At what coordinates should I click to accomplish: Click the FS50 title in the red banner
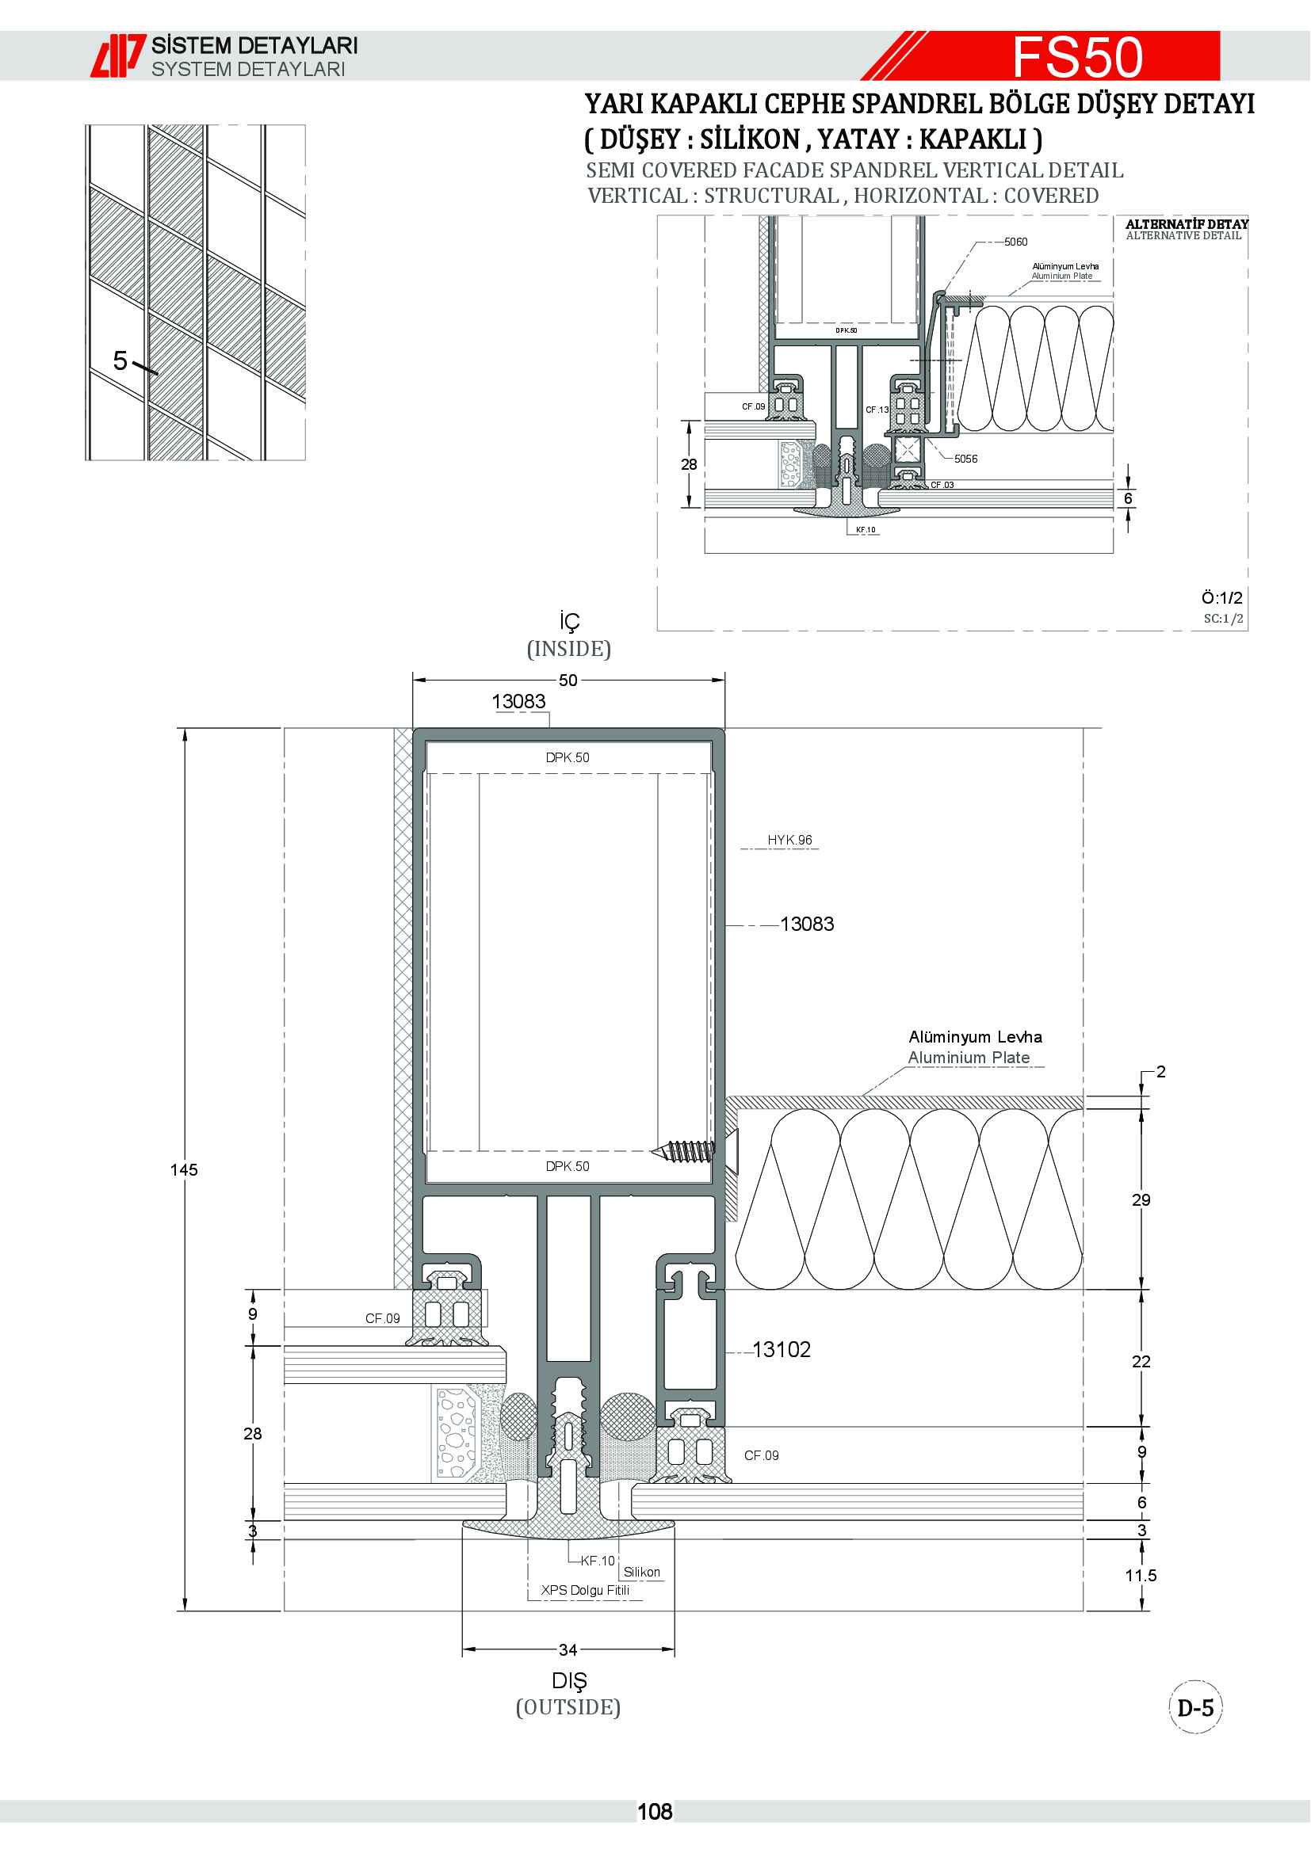pyautogui.click(x=1078, y=56)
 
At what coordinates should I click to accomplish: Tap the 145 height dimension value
pyautogui.click(x=184, y=1169)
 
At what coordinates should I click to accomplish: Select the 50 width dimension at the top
pyautogui.click(x=568, y=681)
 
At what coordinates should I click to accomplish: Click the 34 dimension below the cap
pyautogui.click(x=568, y=1650)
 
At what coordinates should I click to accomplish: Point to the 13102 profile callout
pyautogui.click(x=782, y=1349)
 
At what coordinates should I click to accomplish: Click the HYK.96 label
pyautogui.click(x=789, y=840)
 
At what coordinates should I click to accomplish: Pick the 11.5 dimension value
pyautogui.click(x=1141, y=1576)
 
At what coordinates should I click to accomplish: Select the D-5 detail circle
pyautogui.click(x=1195, y=1709)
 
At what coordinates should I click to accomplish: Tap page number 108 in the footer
pyautogui.click(x=655, y=1812)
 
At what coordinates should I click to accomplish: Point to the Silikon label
pyautogui.click(x=642, y=1572)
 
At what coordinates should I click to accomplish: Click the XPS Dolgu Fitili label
pyautogui.click(x=585, y=1590)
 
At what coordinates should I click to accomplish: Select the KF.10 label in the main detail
pyautogui.click(x=598, y=1561)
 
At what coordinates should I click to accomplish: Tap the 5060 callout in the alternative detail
pyautogui.click(x=1015, y=242)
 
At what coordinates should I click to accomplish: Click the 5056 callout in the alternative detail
pyautogui.click(x=965, y=459)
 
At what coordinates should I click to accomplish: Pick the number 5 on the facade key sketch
pyautogui.click(x=120, y=360)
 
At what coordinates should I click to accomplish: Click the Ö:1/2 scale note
pyautogui.click(x=1221, y=598)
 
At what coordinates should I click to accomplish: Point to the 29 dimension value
pyautogui.click(x=1141, y=1200)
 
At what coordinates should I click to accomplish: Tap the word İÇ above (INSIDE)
pyautogui.click(x=569, y=621)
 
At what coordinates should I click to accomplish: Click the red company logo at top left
pyautogui.click(x=118, y=55)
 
